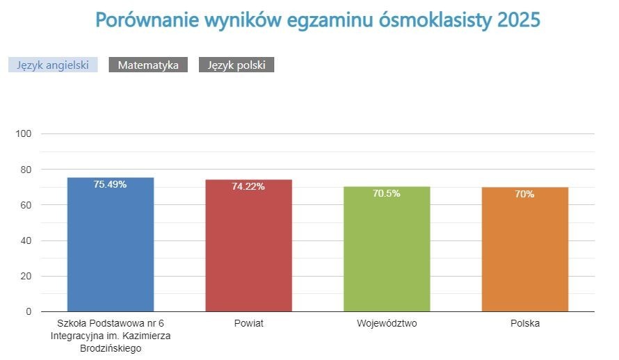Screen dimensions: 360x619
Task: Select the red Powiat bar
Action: (x=248, y=250)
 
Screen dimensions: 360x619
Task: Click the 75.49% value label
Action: (x=110, y=185)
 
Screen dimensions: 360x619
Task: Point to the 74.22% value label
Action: (x=248, y=187)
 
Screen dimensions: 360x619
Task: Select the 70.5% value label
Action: (x=387, y=194)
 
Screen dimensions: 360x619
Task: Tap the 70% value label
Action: (x=525, y=195)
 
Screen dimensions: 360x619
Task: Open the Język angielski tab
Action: (x=53, y=65)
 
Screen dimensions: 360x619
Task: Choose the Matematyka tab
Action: (x=148, y=65)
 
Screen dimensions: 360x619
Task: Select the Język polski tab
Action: (x=236, y=65)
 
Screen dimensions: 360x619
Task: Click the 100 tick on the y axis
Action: (x=24, y=133)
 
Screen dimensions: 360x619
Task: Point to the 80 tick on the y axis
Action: (x=26, y=169)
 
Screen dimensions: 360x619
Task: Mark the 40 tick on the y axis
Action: (x=26, y=240)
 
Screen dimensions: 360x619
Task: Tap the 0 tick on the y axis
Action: (x=29, y=312)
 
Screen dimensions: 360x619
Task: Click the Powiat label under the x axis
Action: (x=248, y=324)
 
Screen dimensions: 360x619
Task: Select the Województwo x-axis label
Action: (x=387, y=324)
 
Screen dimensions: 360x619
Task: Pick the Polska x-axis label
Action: (x=525, y=324)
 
